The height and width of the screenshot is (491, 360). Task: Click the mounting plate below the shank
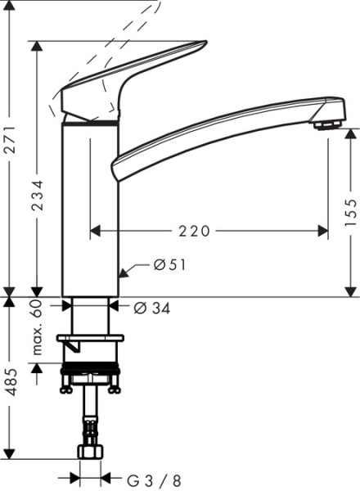pyautogui.click(x=90, y=338)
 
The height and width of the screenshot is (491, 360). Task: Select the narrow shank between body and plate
pyautogui.click(x=91, y=315)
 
